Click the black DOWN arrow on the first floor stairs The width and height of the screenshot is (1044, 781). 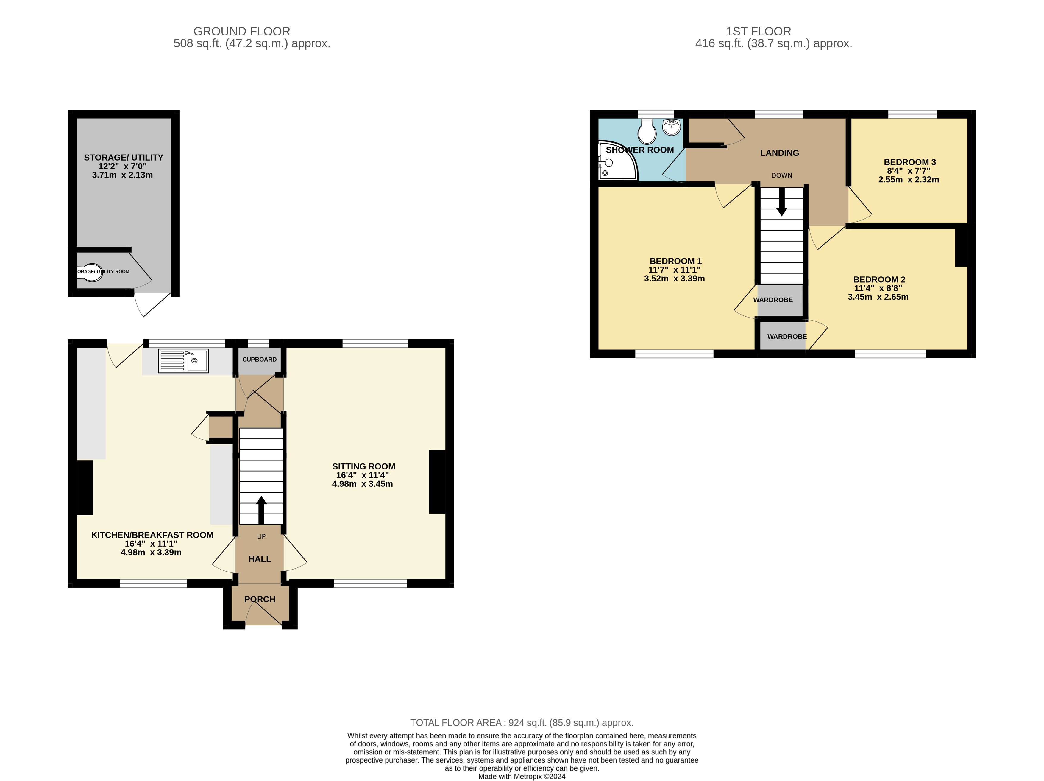coord(781,202)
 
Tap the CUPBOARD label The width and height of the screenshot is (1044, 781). coord(260,359)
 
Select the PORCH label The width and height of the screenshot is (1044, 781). coord(260,599)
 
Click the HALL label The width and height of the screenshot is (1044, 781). coord(260,559)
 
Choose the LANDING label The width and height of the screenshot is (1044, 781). coord(780,153)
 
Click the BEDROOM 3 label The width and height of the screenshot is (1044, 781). coord(910,162)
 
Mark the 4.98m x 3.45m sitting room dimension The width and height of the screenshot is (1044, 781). coord(363,484)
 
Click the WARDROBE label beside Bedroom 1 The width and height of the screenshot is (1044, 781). coord(773,300)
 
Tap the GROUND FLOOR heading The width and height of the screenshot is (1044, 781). coord(242,32)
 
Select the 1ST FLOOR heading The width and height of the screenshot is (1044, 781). coord(759,32)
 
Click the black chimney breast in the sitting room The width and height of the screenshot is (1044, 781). coord(437,482)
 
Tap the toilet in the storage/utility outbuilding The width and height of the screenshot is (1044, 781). coord(90,273)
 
